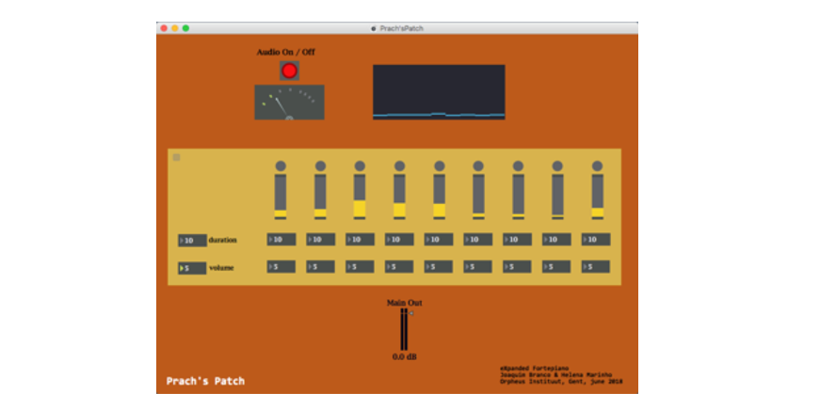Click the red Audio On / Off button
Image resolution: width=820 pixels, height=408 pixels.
(x=289, y=71)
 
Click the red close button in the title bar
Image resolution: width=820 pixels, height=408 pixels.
(x=165, y=28)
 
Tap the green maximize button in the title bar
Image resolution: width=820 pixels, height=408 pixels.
(x=185, y=28)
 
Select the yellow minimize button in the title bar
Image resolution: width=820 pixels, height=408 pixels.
(x=175, y=28)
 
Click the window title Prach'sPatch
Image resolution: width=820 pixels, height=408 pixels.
(x=401, y=28)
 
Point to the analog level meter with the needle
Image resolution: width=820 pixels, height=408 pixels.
(x=289, y=102)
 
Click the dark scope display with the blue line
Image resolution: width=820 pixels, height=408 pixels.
(x=438, y=91)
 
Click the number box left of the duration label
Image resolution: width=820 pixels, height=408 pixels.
(x=192, y=241)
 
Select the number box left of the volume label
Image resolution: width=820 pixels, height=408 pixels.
(x=192, y=268)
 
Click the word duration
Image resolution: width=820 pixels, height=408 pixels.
(x=223, y=241)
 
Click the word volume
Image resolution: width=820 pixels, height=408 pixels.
(x=221, y=268)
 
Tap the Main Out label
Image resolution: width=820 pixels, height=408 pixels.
(x=404, y=303)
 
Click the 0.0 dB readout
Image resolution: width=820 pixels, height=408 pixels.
(x=404, y=357)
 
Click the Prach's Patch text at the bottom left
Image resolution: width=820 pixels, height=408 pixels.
(x=205, y=381)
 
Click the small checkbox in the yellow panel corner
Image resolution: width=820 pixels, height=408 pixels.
(x=176, y=157)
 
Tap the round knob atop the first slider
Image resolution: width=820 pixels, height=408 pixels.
(x=281, y=166)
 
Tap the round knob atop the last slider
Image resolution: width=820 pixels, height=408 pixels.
(x=597, y=166)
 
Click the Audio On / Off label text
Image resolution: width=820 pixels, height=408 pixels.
(x=285, y=52)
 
